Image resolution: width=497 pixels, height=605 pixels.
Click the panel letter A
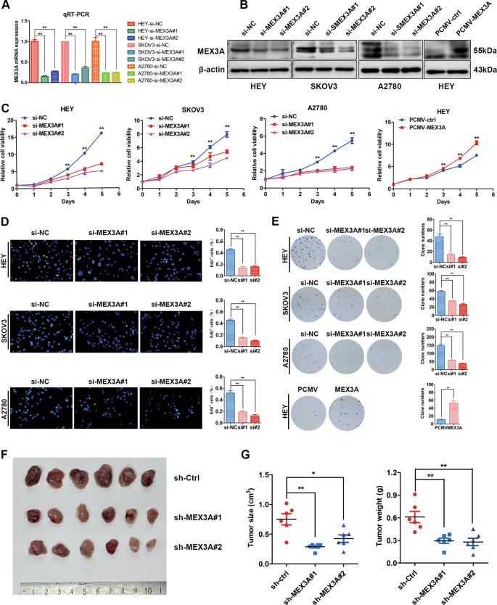[x=6, y=7]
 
